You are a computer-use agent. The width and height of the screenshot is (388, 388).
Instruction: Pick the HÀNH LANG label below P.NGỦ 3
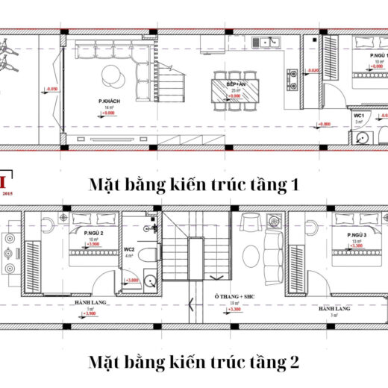click(331, 307)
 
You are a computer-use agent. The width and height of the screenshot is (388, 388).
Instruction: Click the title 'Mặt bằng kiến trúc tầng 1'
click(193, 184)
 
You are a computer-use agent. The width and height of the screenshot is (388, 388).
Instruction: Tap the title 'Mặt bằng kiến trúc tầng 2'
click(193, 363)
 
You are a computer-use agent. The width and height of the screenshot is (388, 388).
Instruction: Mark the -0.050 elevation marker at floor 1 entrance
click(51, 90)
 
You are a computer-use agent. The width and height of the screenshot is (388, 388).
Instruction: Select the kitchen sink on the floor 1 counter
click(266, 43)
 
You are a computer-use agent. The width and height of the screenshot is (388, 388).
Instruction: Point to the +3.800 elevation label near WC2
click(132, 280)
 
